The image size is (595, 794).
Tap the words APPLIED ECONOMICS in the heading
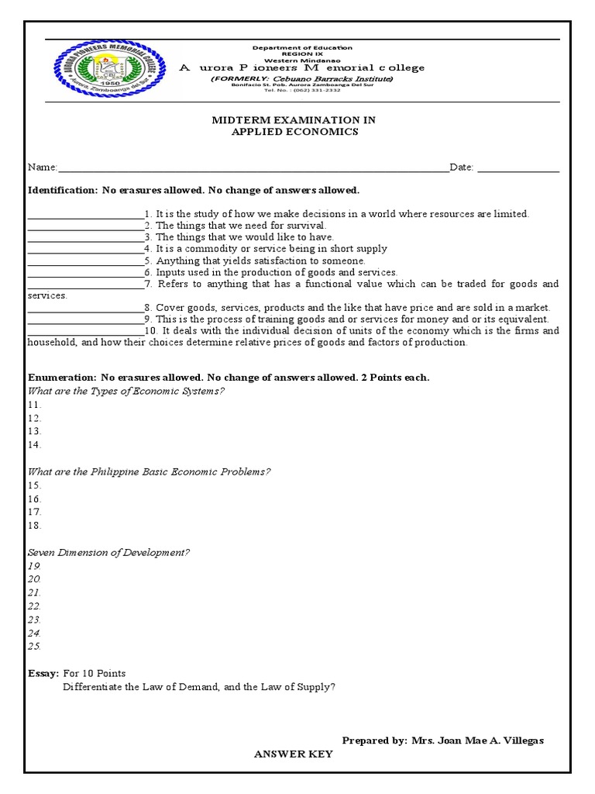[294, 132]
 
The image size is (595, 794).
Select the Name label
[42, 167]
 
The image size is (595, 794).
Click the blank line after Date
[518, 167]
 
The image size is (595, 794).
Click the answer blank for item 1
[85, 214]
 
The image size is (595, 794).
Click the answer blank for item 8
[85, 307]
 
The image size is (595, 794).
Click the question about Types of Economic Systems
[126, 390]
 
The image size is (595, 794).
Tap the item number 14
[34, 445]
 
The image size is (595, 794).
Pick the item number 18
[34, 526]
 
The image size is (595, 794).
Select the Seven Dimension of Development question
[108, 553]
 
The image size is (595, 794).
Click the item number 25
[34, 646]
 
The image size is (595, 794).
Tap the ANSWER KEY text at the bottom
[294, 754]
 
